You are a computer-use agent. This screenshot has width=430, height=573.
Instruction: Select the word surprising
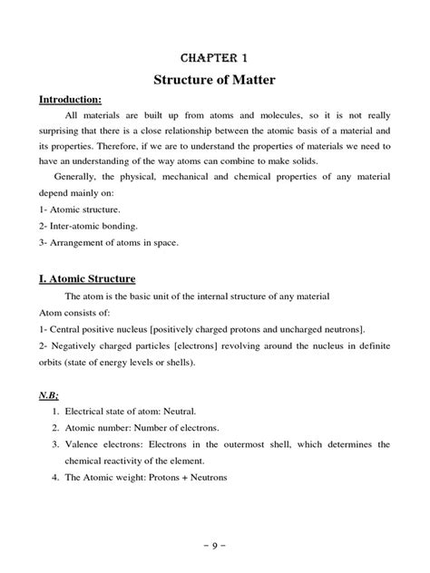click(62, 132)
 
